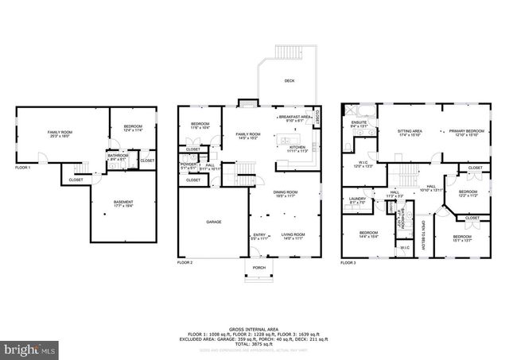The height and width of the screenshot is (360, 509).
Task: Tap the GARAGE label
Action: point(214,222)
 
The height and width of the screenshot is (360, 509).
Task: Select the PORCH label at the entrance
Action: point(258,268)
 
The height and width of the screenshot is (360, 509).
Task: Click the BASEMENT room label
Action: point(123,202)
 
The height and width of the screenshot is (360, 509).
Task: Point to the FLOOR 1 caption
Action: point(23,168)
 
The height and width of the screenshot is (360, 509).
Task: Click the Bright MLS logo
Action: point(30,348)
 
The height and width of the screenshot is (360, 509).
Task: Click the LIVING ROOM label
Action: point(293,234)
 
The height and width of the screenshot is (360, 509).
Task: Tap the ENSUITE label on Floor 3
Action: point(359,122)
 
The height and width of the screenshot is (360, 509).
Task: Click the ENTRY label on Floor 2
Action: point(259,234)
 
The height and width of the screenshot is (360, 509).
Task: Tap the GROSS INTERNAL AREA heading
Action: point(254,327)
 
